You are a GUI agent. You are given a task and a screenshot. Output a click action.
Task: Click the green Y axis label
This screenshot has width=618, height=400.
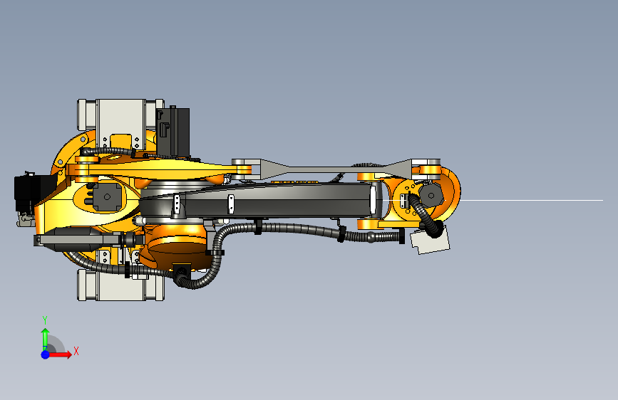[x=45, y=320]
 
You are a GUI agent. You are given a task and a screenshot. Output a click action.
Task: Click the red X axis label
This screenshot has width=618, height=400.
[x=76, y=351]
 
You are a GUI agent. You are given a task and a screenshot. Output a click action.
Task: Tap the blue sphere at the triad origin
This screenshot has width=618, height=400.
[x=46, y=354]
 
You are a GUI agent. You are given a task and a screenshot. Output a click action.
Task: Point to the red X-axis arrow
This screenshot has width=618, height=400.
[x=59, y=354]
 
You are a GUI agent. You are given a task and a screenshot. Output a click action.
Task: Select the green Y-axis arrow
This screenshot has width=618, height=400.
[x=46, y=338]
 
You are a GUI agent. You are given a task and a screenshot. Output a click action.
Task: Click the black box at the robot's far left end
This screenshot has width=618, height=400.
[x=31, y=193]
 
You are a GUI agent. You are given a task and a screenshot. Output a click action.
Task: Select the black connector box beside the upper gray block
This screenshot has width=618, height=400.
[x=173, y=132]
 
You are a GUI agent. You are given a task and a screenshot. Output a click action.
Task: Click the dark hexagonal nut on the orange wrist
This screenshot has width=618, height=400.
[x=431, y=195]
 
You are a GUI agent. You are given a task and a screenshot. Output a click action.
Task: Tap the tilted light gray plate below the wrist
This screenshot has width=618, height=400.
[x=430, y=239]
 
